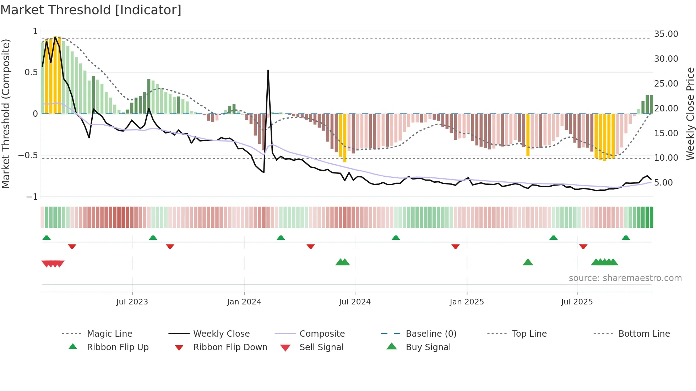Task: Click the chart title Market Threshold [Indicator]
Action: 91,10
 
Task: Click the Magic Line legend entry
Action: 109,334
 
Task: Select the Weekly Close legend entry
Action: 221,334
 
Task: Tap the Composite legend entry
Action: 322,334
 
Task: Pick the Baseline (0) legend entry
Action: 431,334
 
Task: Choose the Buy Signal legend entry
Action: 428,347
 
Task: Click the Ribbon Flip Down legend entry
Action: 230,347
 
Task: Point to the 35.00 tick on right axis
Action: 666,34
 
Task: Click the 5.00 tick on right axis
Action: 663,182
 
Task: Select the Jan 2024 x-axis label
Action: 244,302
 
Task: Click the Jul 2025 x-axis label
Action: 577,302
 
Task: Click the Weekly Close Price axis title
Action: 690,114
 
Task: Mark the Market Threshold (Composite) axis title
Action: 6,114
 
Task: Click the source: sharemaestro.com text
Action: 625,278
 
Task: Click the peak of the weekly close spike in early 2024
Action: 268,71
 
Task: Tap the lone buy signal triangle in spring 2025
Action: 528,262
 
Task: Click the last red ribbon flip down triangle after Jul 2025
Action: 583,246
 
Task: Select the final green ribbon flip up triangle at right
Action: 626,237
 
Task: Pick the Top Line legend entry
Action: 529,334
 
